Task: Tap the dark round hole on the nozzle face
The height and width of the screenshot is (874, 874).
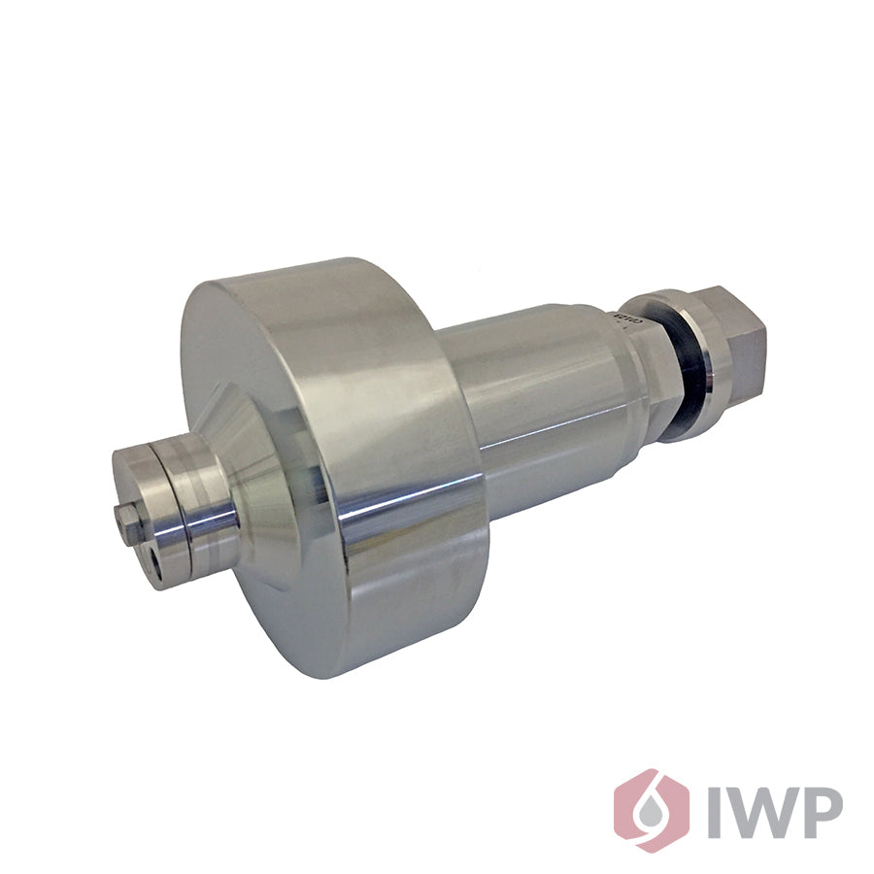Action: (155, 560)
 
